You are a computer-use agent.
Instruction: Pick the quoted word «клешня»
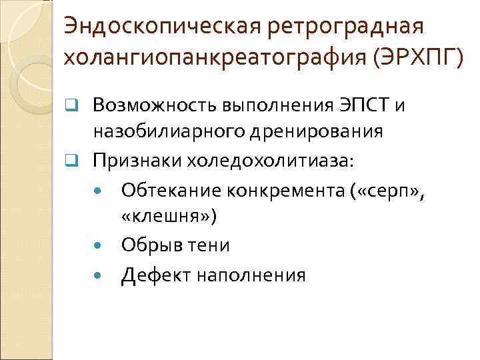point(169,216)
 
